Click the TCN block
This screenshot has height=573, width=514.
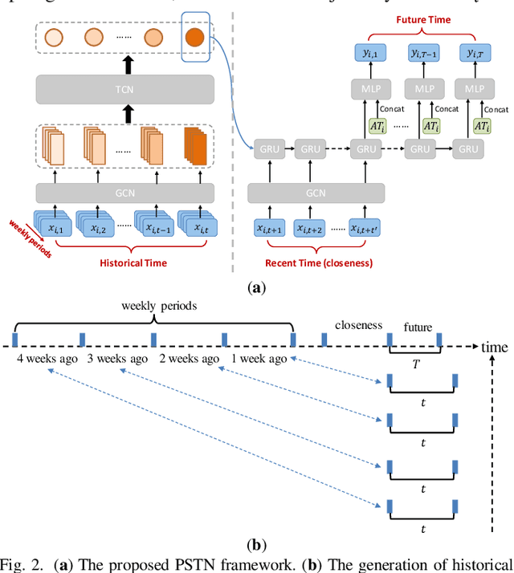click(x=124, y=87)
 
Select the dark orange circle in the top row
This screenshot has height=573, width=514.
click(x=195, y=37)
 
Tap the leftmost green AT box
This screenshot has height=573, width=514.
click(x=377, y=126)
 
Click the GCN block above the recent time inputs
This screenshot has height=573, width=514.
click(x=316, y=193)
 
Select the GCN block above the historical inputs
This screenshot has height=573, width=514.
click(x=124, y=193)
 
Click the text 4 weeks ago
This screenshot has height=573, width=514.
click(x=47, y=359)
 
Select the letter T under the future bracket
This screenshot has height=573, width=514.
click(x=415, y=362)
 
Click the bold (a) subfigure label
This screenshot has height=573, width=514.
click(x=256, y=286)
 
